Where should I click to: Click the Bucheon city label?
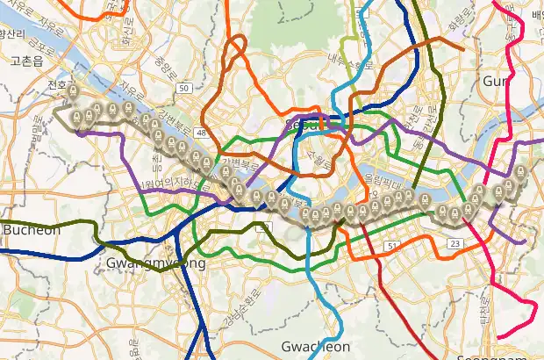pos(32,230)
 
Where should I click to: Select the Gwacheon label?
pos(317,347)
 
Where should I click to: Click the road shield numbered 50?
pos(183,88)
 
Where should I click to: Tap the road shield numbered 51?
pos(392,244)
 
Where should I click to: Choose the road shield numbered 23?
pos(455,242)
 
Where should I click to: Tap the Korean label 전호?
pos(56,85)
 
